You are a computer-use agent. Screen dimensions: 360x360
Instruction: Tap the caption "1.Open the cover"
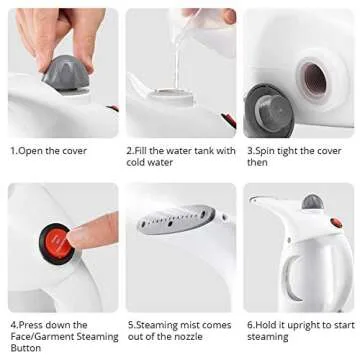[48, 151]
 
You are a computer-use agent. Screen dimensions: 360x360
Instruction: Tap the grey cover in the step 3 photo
[269, 106]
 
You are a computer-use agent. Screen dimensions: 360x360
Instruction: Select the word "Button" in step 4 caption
[25, 349]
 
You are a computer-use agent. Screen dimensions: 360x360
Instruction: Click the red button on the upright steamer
[336, 223]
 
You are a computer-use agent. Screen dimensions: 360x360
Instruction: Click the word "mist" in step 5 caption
[191, 325]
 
